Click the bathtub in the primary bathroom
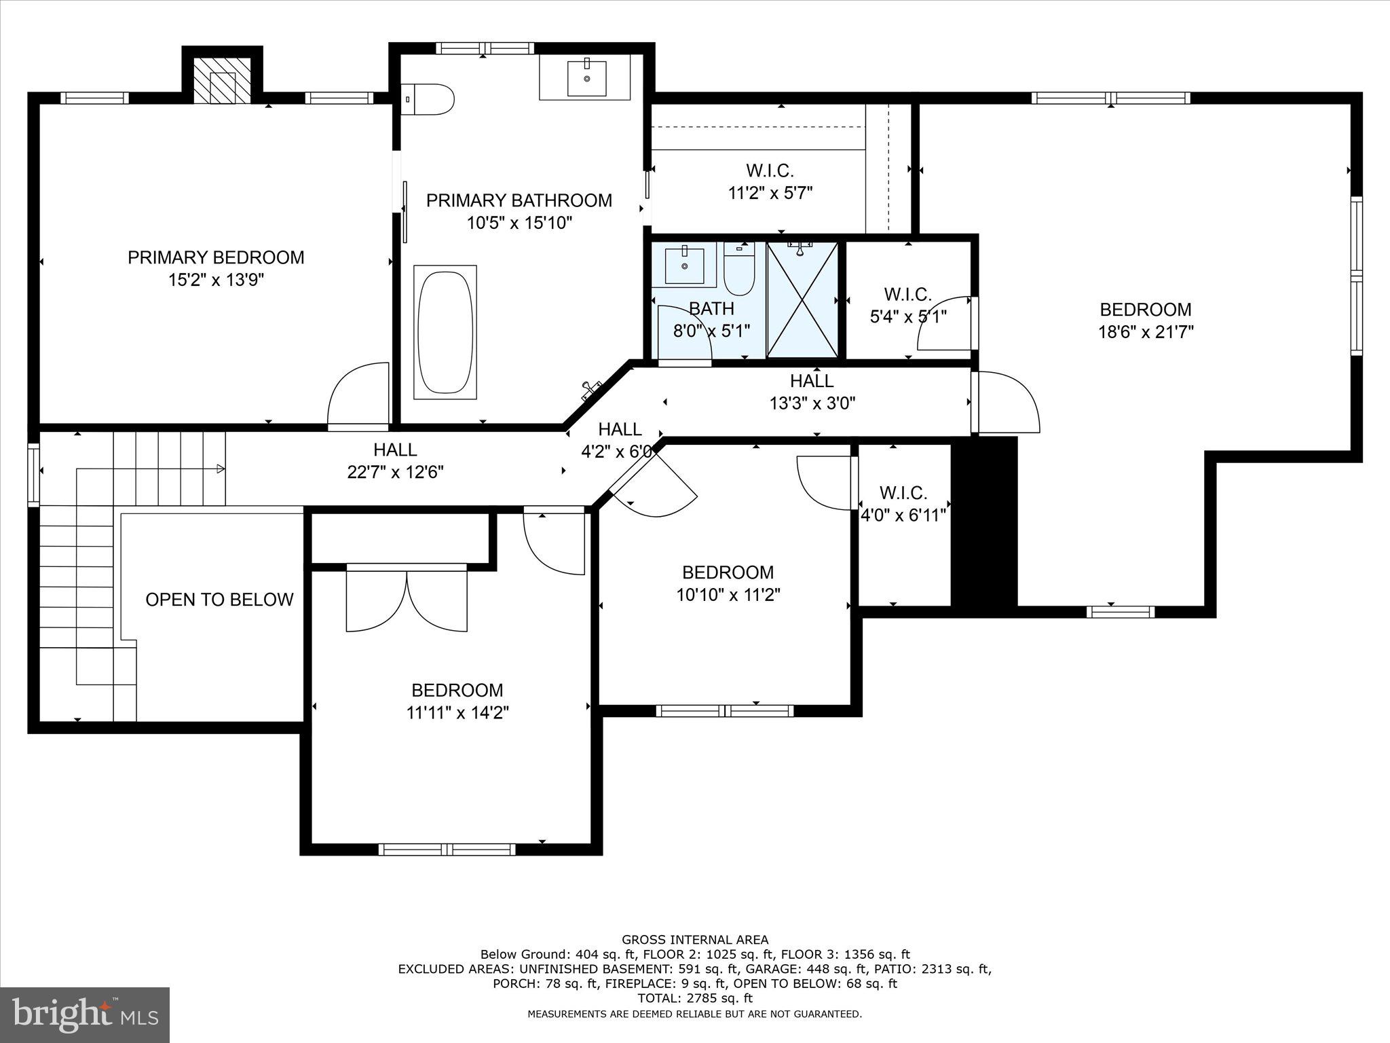tap(445, 332)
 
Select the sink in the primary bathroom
tap(585, 77)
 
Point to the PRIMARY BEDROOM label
tap(216, 257)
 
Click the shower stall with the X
tap(802, 299)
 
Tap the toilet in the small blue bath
tap(739, 270)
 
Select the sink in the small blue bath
tap(684, 265)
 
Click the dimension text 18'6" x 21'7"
tap(1146, 332)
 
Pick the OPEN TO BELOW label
tap(219, 600)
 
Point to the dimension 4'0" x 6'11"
tap(903, 515)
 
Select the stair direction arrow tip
tap(222, 469)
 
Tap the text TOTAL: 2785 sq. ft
tap(695, 998)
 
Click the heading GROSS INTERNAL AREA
tap(695, 940)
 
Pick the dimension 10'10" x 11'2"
tap(728, 595)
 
